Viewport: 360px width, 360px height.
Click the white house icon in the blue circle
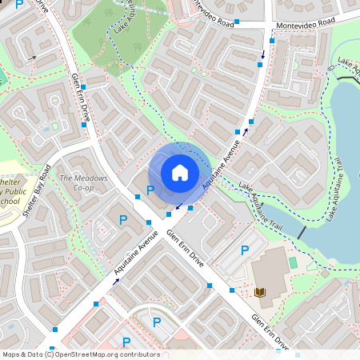point(180,172)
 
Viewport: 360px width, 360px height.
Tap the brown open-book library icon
point(260,294)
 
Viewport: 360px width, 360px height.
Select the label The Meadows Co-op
point(77,182)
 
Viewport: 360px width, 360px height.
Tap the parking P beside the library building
point(245,251)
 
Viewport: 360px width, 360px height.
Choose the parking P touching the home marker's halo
point(150,190)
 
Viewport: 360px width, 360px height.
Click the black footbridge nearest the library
point(301,231)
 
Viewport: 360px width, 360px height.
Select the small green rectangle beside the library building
point(293,262)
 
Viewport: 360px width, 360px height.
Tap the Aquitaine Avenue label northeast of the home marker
point(222,163)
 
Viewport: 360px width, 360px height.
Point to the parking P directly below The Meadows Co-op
point(123,219)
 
